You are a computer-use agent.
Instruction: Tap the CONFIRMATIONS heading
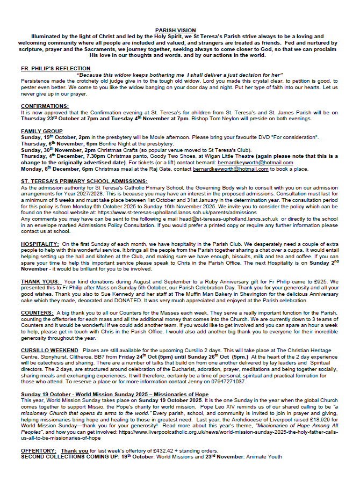click(x=45, y=106)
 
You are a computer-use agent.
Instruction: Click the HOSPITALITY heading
click(x=39, y=244)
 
